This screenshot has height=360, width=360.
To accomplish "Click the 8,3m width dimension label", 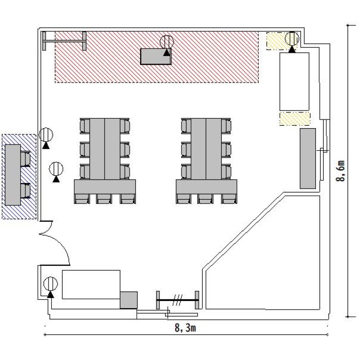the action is coord(185,328).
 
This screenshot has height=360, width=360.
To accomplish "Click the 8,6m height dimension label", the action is coord(340,171).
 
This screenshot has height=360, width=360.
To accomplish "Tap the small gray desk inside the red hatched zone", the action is coord(156,56).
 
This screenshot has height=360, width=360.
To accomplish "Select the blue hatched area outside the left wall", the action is coord(19,177).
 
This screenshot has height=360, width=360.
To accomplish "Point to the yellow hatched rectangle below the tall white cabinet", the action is coord(295,119).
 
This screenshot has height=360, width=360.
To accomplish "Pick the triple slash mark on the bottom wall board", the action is coord(177,300).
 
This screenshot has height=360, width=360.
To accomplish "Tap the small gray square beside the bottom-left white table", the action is coord(129,300).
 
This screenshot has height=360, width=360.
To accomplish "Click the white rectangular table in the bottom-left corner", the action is coord(91,285).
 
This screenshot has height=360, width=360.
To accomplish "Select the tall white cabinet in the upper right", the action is coord(294,82).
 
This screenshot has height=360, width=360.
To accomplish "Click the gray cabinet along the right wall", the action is coord(308,158).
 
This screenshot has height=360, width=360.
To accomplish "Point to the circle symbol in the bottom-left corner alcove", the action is coord(50,284).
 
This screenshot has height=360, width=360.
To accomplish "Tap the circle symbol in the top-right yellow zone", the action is coord(292,38).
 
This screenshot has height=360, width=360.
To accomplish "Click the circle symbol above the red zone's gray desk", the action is coord(167,42).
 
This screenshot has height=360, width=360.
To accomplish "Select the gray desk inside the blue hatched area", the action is coord(13,175).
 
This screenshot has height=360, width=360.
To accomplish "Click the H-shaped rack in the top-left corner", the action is coord(64,41).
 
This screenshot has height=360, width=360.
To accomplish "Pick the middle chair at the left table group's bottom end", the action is coord(104,199).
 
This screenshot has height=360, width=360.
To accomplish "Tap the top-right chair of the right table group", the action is coord(226,126).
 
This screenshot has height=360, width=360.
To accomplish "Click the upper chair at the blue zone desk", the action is coord(25,159).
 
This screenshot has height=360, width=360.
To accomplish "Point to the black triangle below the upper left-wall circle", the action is coord(46,145).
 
